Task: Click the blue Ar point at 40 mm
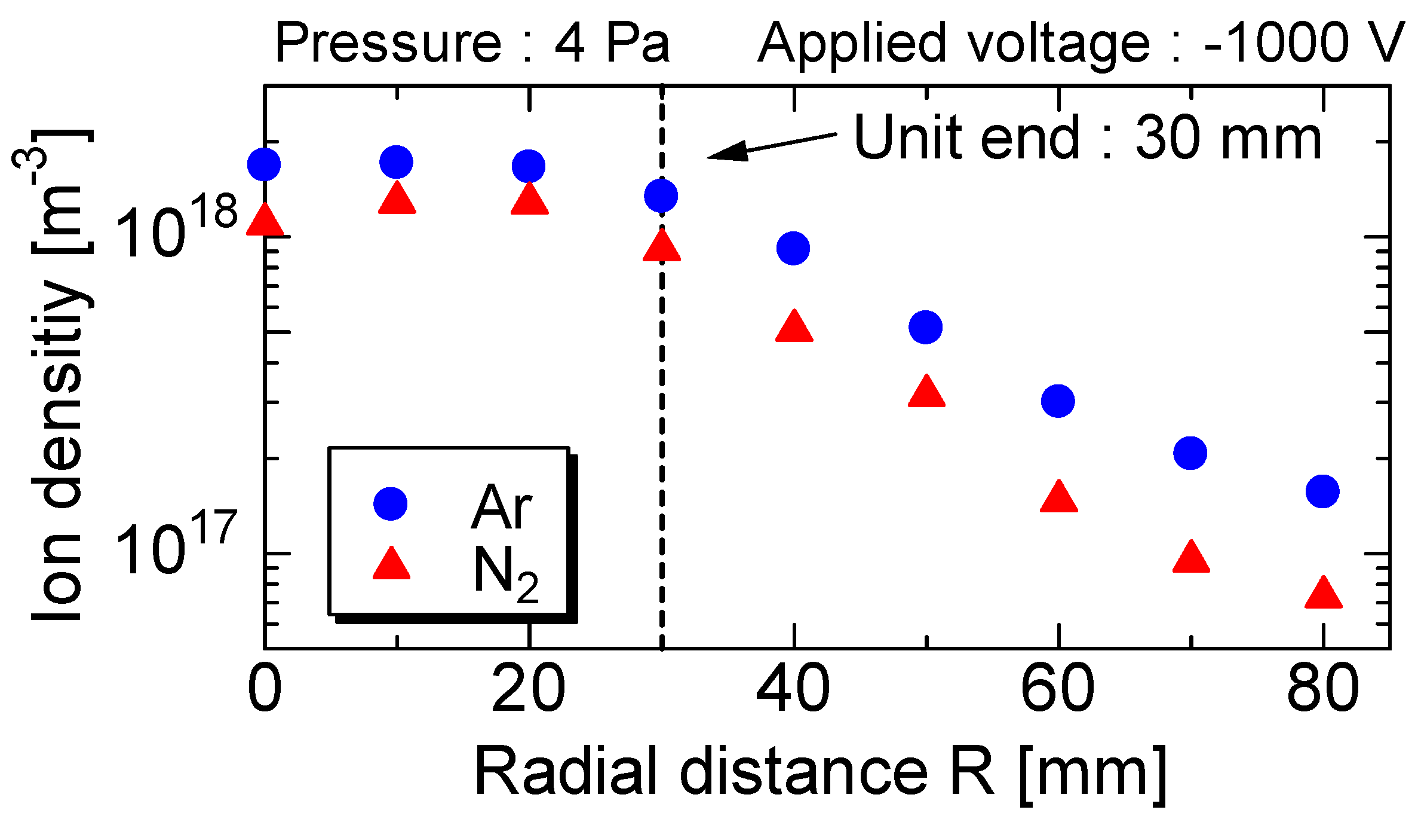[x=793, y=248]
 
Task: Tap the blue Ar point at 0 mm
[x=264, y=164]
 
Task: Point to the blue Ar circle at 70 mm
[x=1190, y=453]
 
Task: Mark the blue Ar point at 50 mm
[x=925, y=327]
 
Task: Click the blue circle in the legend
[x=391, y=503]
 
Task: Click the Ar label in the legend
[x=502, y=508]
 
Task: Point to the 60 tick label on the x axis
[x=1058, y=689]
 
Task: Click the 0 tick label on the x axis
[x=265, y=689]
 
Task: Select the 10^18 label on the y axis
[x=177, y=230]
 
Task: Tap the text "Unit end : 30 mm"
[x=1087, y=139]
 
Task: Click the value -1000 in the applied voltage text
[x=1275, y=43]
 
